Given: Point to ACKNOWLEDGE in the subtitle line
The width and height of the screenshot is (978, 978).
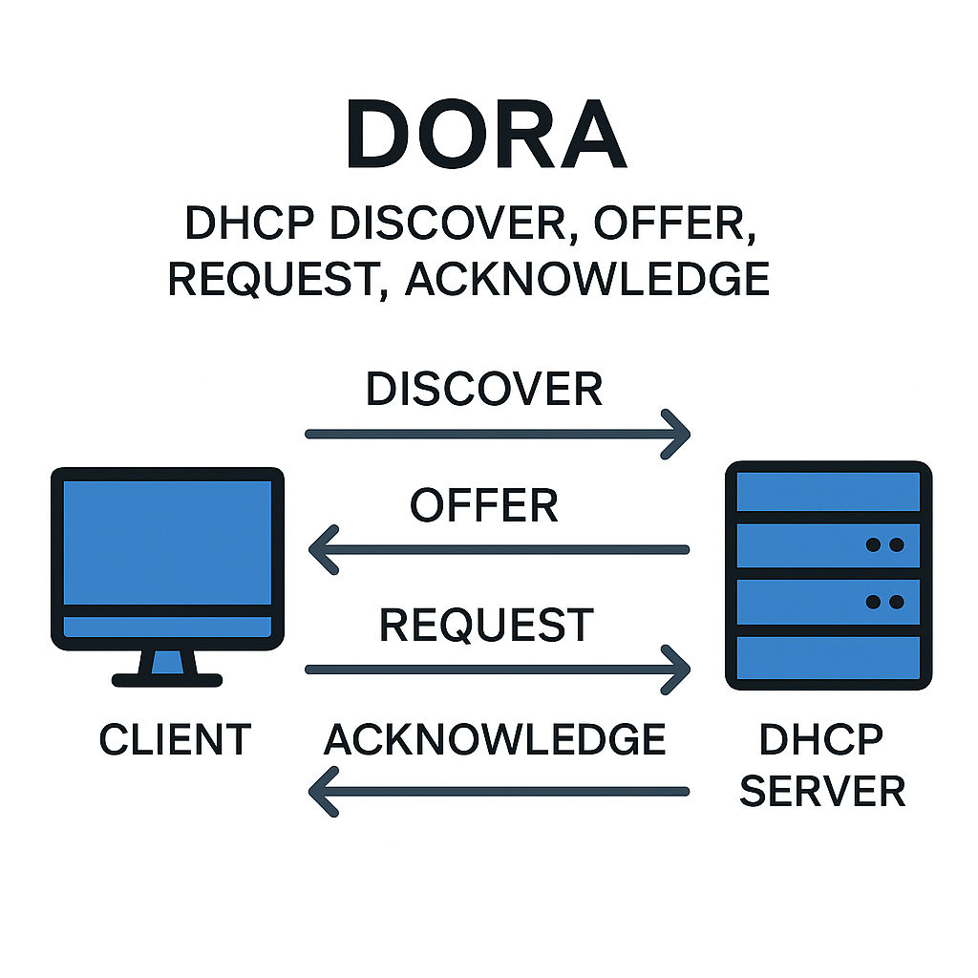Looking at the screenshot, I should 587,279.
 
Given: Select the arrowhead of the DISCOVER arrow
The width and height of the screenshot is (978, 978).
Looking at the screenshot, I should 680,434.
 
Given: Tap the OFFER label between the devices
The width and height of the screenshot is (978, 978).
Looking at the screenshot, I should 484,505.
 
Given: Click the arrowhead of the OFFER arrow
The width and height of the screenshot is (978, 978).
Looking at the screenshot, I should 319,550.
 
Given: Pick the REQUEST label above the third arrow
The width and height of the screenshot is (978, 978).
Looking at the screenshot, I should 486,625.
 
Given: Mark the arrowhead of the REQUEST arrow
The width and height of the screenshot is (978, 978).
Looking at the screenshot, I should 680,670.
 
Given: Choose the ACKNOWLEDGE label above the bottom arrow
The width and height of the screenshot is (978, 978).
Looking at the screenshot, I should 495,740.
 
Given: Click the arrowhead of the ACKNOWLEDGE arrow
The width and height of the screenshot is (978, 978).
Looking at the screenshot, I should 319,791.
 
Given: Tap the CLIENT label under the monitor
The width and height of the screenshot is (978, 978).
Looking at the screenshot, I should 175,740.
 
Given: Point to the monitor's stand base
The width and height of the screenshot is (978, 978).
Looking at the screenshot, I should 167,680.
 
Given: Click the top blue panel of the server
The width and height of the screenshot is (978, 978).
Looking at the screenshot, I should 828,491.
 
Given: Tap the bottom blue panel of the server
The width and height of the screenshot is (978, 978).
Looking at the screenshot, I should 828,658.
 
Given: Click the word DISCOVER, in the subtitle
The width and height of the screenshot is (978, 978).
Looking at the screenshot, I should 443,224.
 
